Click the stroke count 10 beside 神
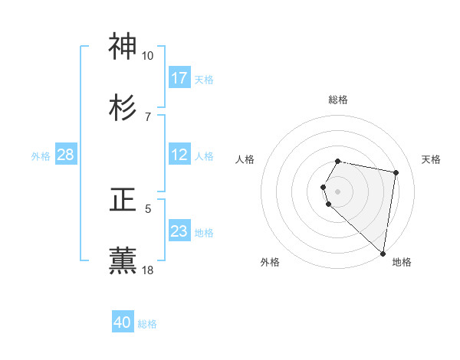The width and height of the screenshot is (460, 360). (x=148, y=56)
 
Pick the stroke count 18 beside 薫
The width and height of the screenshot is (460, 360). (x=148, y=270)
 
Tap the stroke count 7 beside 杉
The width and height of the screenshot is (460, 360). (x=148, y=116)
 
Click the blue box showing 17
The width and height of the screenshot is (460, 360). (x=179, y=78)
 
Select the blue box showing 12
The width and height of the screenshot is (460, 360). (x=179, y=155)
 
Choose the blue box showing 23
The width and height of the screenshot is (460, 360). (x=179, y=231)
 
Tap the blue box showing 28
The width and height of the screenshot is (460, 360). (x=66, y=155)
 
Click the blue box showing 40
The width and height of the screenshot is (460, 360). (x=123, y=322)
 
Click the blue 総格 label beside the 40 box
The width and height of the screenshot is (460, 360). (x=147, y=324)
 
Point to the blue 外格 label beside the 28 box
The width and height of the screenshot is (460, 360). (x=41, y=156)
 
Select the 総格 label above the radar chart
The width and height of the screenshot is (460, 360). (x=338, y=100)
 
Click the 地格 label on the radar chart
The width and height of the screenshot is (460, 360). (x=402, y=262)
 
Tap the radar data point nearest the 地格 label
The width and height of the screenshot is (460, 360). (x=383, y=253)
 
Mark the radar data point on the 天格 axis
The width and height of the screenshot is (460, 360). (x=396, y=173)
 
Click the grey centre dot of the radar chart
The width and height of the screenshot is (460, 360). (x=338, y=191)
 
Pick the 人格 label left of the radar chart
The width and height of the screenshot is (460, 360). (x=245, y=159)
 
